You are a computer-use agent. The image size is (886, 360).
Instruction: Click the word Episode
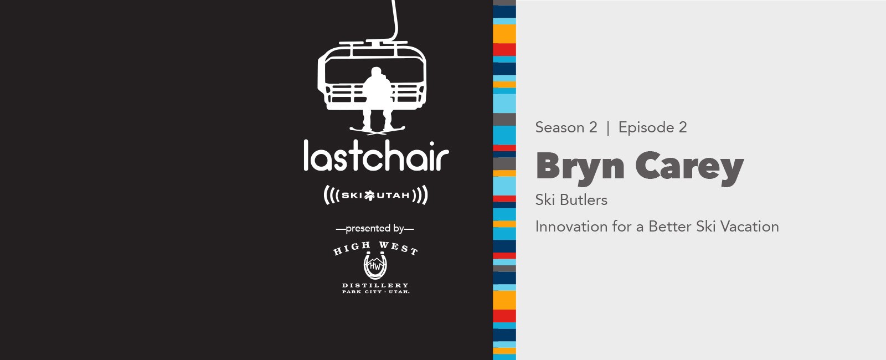[646, 127]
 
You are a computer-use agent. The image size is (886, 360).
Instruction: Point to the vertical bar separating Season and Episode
[608, 128]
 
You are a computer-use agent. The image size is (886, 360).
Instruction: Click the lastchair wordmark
[376, 156]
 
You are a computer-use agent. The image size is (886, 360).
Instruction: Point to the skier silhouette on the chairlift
[378, 99]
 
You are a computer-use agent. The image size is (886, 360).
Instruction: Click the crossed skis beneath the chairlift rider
[377, 130]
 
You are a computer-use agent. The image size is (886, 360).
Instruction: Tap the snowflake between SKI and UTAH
[369, 196]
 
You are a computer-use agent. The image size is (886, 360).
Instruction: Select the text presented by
[374, 229]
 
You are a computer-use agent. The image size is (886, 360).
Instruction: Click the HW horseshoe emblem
[375, 266]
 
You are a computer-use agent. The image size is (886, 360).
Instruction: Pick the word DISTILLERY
[375, 285]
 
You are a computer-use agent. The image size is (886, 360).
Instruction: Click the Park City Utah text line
[375, 292]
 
